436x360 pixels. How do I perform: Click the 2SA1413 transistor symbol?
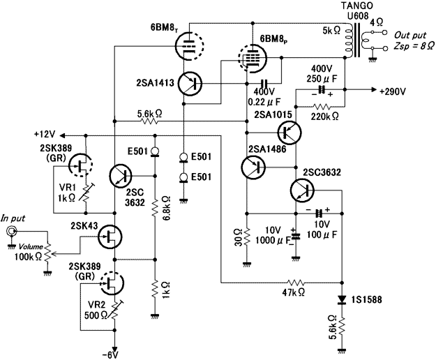[190, 84]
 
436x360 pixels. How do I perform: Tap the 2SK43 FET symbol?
[110, 237]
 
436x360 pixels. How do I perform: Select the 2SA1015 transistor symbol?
[290, 132]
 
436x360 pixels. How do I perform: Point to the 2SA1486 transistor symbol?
[253, 167]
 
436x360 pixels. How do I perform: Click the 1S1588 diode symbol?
[342, 300]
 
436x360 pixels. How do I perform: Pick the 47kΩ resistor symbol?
[296, 283]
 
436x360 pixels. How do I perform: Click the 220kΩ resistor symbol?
[322, 107]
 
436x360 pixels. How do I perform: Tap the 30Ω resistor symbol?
[246, 237]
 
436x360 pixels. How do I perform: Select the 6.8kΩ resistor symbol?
[155, 208]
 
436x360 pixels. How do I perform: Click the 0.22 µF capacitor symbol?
[264, 83]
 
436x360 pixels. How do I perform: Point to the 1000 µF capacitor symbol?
[296, 237]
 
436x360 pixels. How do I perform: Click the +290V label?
[393, 91]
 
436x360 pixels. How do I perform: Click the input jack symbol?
[11, 231]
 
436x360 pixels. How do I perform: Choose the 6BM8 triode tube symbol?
[190, 45]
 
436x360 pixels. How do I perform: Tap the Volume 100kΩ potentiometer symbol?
[48, 253]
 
